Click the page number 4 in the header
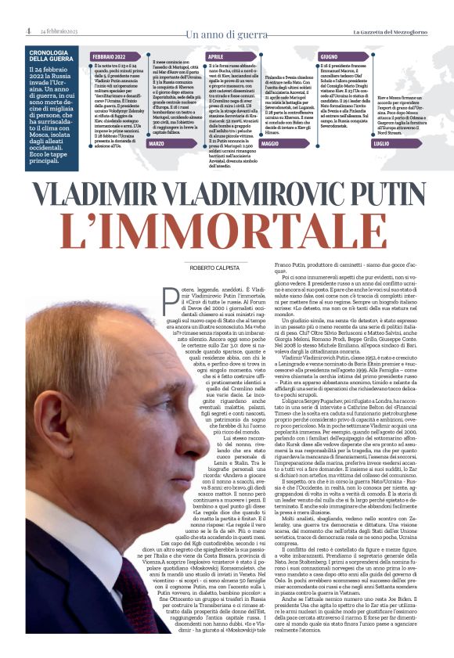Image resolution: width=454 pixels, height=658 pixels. point(27,31)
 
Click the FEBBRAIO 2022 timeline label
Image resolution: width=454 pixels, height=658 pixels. point(110,57)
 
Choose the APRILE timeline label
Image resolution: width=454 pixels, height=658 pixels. point(218,57)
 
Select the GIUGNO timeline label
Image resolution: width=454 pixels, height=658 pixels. point(330,57)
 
